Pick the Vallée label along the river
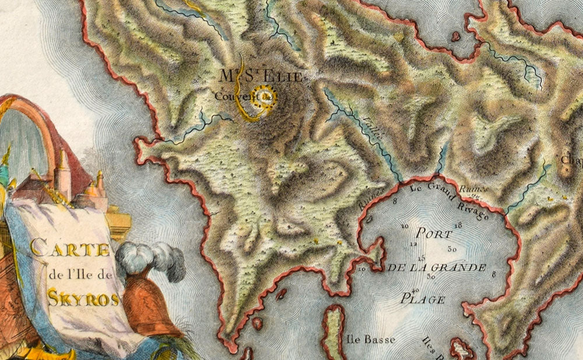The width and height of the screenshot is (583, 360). (371, 129)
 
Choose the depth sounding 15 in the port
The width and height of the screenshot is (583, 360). (422, 258)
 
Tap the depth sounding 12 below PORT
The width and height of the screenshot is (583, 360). (413, 244)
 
